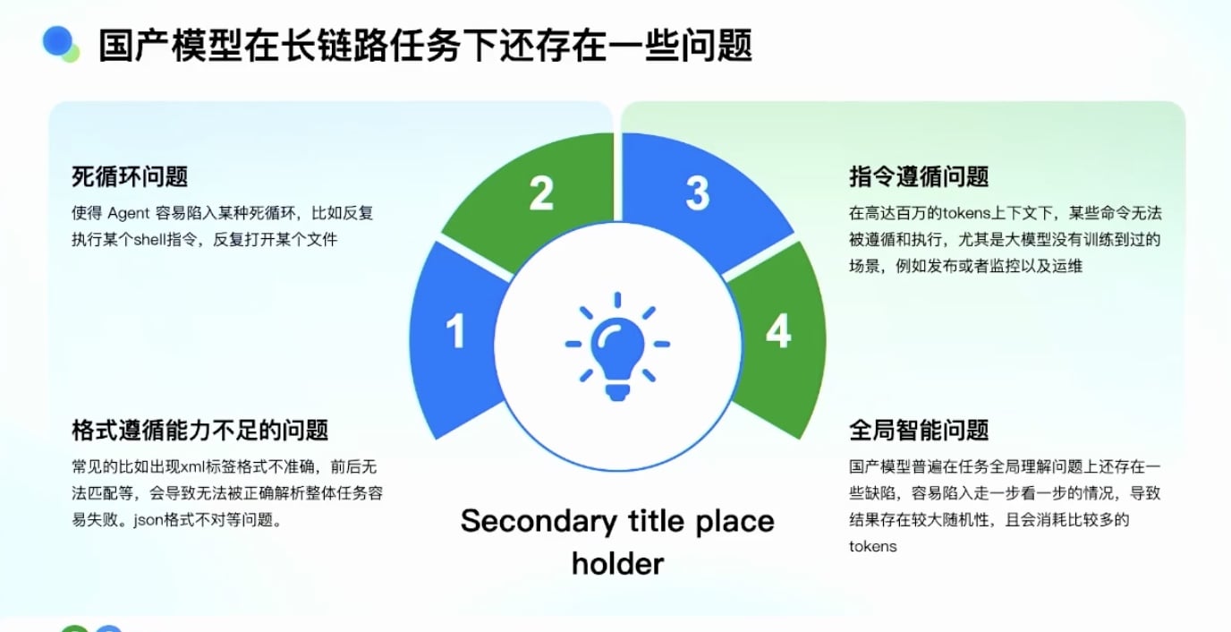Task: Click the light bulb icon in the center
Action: click(617, 346)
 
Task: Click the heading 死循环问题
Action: click(130, 176)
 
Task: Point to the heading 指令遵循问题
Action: click(919, 176)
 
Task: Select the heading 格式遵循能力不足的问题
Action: click(200, 430)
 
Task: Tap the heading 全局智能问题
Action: click(919, 430)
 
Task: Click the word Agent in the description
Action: click(128, 213)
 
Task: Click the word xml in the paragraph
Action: click(192, 467)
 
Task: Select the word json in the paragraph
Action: click(149, 520)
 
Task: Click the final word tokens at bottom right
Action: click(872, 546)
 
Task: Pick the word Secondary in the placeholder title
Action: click(539, 521)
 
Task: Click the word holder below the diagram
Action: click(617, 564)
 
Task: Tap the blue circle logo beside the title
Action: click(57, 41)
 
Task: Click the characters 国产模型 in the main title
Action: click(170, 45)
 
